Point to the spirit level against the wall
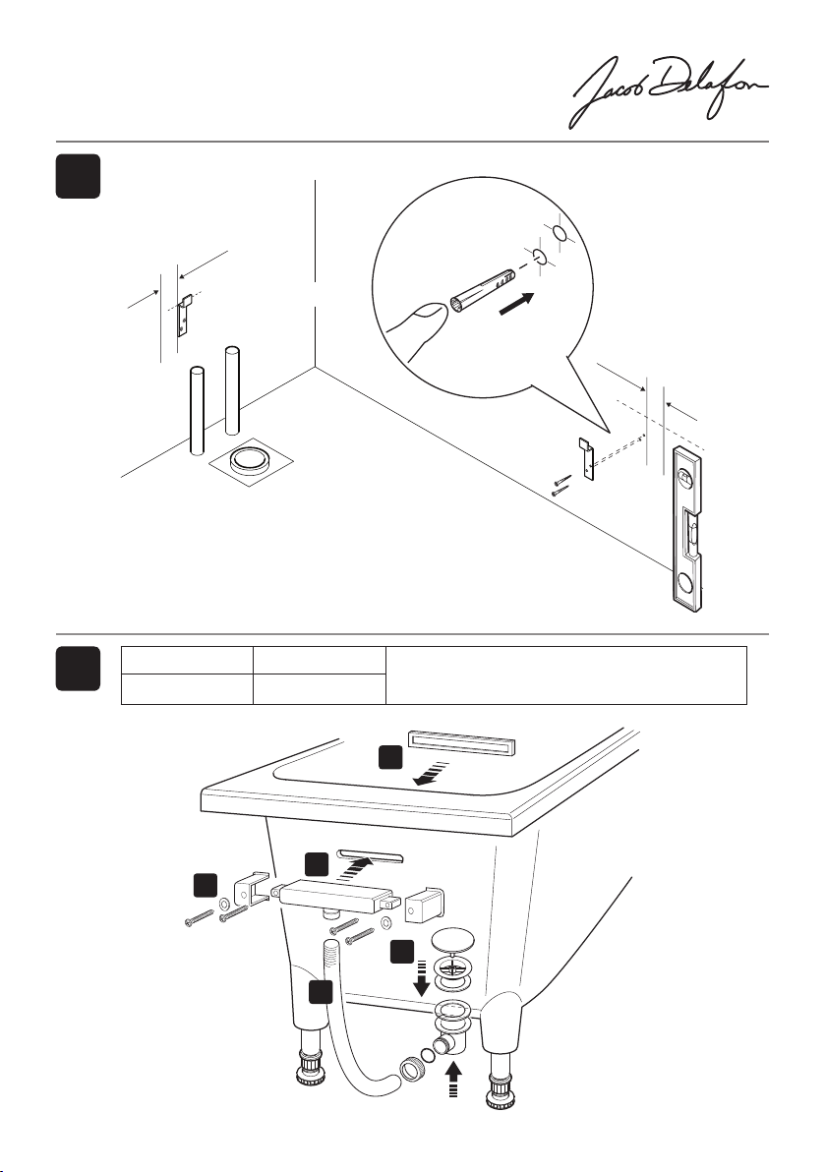tap(689, 532)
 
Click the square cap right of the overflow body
tap(426, 898)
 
